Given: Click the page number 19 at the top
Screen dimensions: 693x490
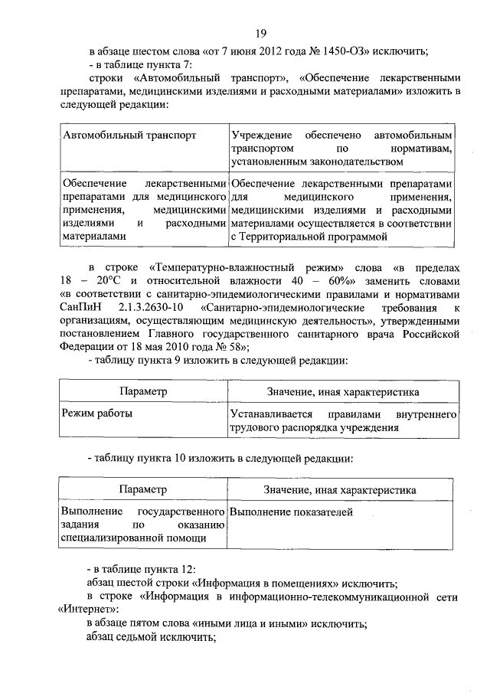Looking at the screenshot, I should point(261,33).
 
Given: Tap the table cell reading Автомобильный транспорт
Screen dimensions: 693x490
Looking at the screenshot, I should point(129,135).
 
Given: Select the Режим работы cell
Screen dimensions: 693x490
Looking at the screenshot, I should point(96,414).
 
